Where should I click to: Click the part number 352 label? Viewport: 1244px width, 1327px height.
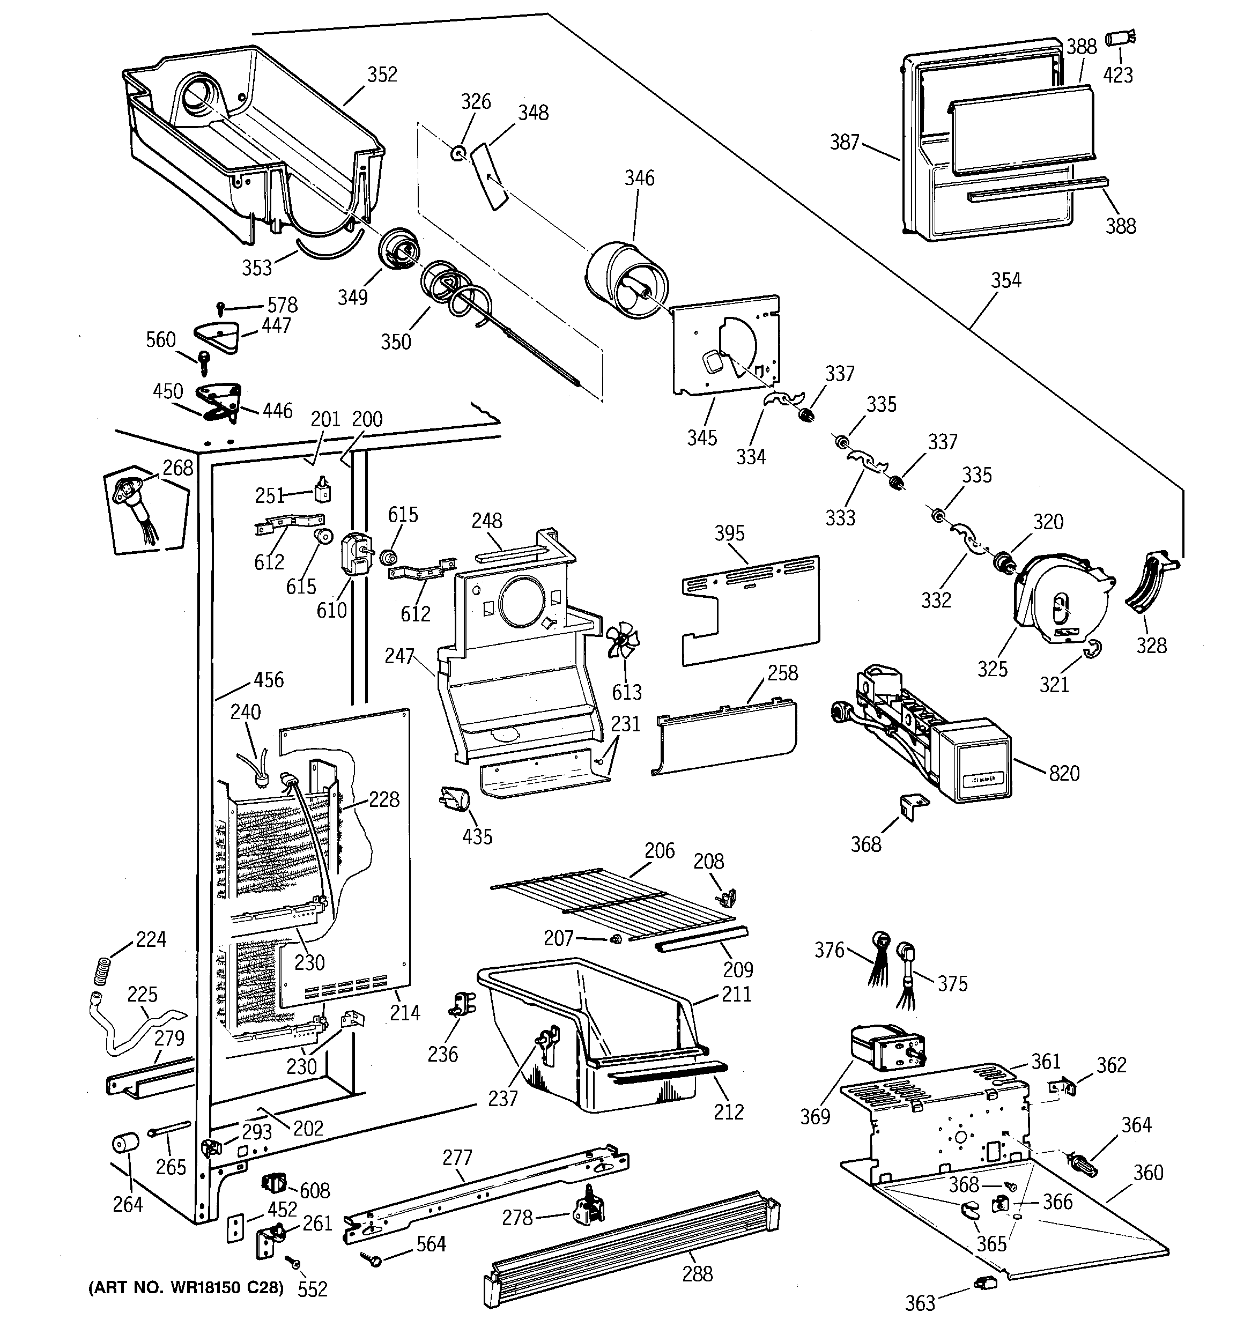point(382,74)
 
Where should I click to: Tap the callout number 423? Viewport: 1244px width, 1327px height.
point(1118,75)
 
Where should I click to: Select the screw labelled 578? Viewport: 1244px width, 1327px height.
point(221,308)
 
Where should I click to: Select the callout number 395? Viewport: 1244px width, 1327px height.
point(729,532)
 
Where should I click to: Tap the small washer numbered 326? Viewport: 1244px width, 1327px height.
point(458,153)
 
